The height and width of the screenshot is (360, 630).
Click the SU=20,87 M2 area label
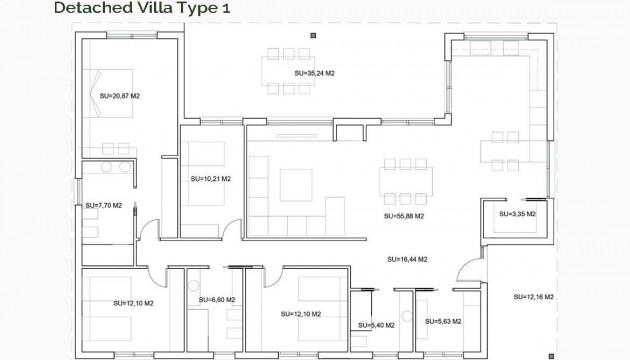point(120,96)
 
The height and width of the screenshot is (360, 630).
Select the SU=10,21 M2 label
point(210,179)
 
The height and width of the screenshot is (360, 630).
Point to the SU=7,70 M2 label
point(103,205)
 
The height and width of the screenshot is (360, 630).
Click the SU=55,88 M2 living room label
point(404,215)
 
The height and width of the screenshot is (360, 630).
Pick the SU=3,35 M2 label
point(517,213)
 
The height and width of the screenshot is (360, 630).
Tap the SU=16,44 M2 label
point(407,258)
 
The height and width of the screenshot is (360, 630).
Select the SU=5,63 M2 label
point(443,321)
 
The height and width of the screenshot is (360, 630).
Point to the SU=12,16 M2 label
point(533,297)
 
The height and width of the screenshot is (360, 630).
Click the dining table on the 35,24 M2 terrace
point(290,67)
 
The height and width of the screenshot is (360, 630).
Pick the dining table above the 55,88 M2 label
point(406,182)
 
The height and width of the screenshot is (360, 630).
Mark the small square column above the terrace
point(313,36)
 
